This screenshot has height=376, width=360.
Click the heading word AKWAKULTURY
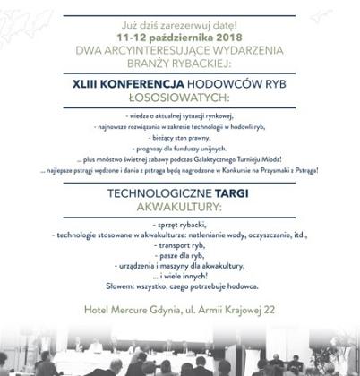coord(181,206)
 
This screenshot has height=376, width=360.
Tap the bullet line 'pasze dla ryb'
coord(180,256)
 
